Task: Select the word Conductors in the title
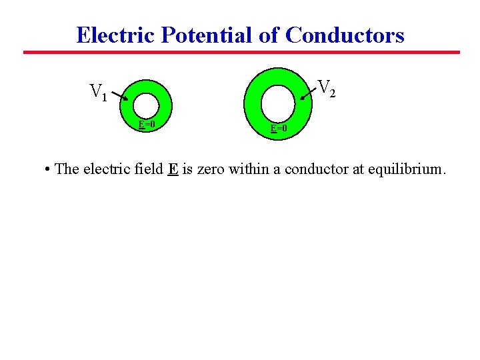click(345, 35)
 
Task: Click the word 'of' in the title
click(270, 35)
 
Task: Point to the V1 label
click(99, 92)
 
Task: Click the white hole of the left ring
click(146, 105)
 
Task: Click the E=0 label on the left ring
click(147, 124)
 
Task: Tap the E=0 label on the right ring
click(279, 128)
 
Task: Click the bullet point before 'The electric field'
click(48, 169)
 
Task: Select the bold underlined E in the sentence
click(173, 169)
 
